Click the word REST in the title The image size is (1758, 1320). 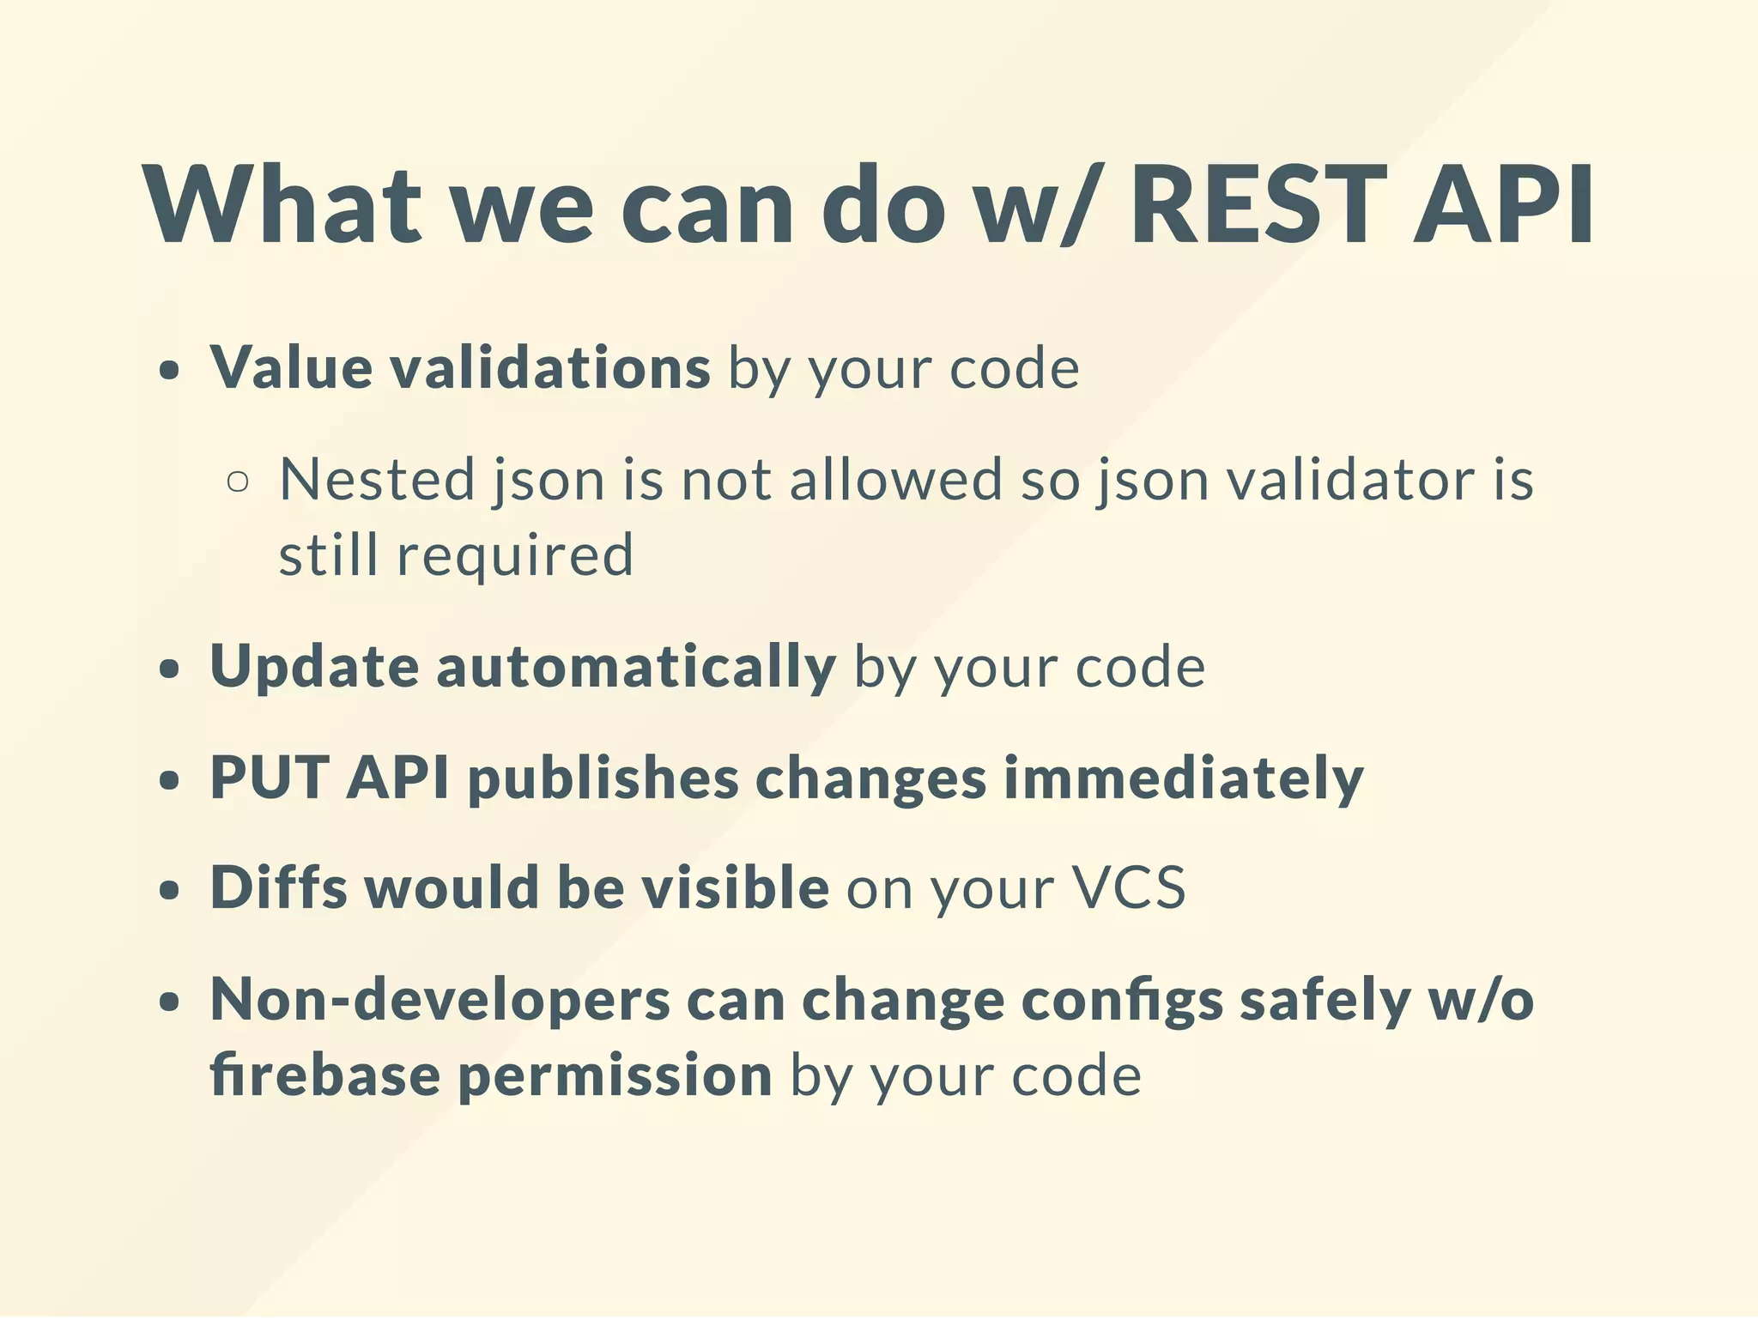1258,207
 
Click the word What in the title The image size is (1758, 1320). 283,207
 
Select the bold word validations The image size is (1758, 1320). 549,368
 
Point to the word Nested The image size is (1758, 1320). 377,479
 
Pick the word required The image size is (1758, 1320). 515,554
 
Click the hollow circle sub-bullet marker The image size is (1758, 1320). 238,481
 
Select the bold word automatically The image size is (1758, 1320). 636,667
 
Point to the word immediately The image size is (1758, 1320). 1183,779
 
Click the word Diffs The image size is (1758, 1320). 279,887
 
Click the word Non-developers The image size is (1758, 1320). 439,1001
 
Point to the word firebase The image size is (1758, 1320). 325,1075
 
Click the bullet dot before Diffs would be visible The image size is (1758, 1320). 170,891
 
